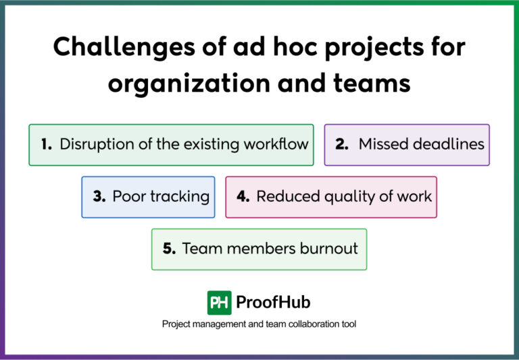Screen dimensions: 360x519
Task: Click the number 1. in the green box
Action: [47, 145]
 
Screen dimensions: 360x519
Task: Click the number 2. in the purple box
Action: [342, 145]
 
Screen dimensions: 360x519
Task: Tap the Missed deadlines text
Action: [421, 145]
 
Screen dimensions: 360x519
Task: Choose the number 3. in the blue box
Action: [99, 197]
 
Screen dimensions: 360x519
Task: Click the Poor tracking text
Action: [161, 197]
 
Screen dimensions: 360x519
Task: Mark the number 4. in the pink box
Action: [243, 197]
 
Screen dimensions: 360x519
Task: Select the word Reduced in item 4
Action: [282, 197]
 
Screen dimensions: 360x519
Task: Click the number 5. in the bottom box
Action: [170, 249]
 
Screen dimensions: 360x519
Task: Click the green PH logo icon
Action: [219, 303]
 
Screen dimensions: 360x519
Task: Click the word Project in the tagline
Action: [177, 324]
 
